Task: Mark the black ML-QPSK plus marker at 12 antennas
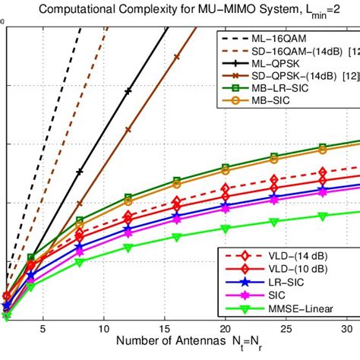coord(128,91)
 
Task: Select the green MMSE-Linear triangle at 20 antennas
coord(225,229)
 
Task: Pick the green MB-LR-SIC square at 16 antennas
coord(176,181)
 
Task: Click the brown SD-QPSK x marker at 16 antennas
coord(176,57)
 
